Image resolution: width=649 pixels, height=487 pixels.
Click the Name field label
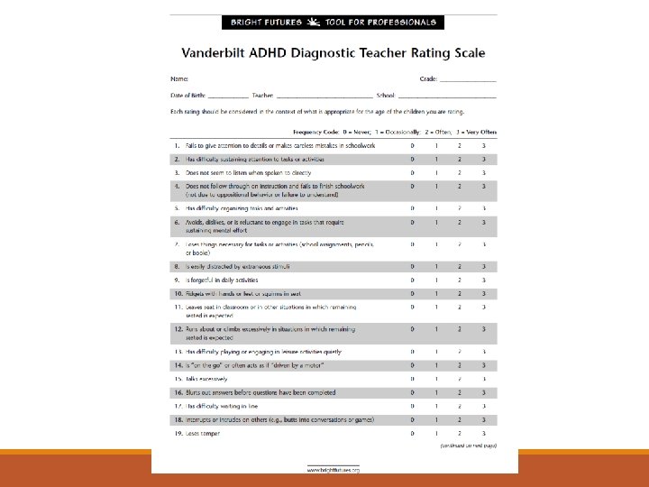pyautogui.click(x=178, y=79)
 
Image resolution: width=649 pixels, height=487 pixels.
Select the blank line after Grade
pyautogui.click(x=469, y=80)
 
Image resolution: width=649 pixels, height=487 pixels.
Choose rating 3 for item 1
pyautogui.click(x=483, y=145)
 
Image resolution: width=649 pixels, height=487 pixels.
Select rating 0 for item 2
pyautogui.click(x=413, y=159)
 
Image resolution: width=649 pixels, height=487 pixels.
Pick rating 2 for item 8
pyautogui.click(x=460, y=267)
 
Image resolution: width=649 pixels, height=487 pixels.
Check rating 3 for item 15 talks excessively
pyautogui.click(x=483, y=380)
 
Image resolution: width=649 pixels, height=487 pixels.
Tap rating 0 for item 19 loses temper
pyautogui.click(x=413, y=434)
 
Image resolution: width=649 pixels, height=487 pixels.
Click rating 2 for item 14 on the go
pyautogui.click(x=460, y=366)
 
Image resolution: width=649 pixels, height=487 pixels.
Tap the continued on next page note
pyautogui.click(x=468, y=446)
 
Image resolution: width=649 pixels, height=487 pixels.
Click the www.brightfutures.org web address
pyautogui.click(x=334, y=470)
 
